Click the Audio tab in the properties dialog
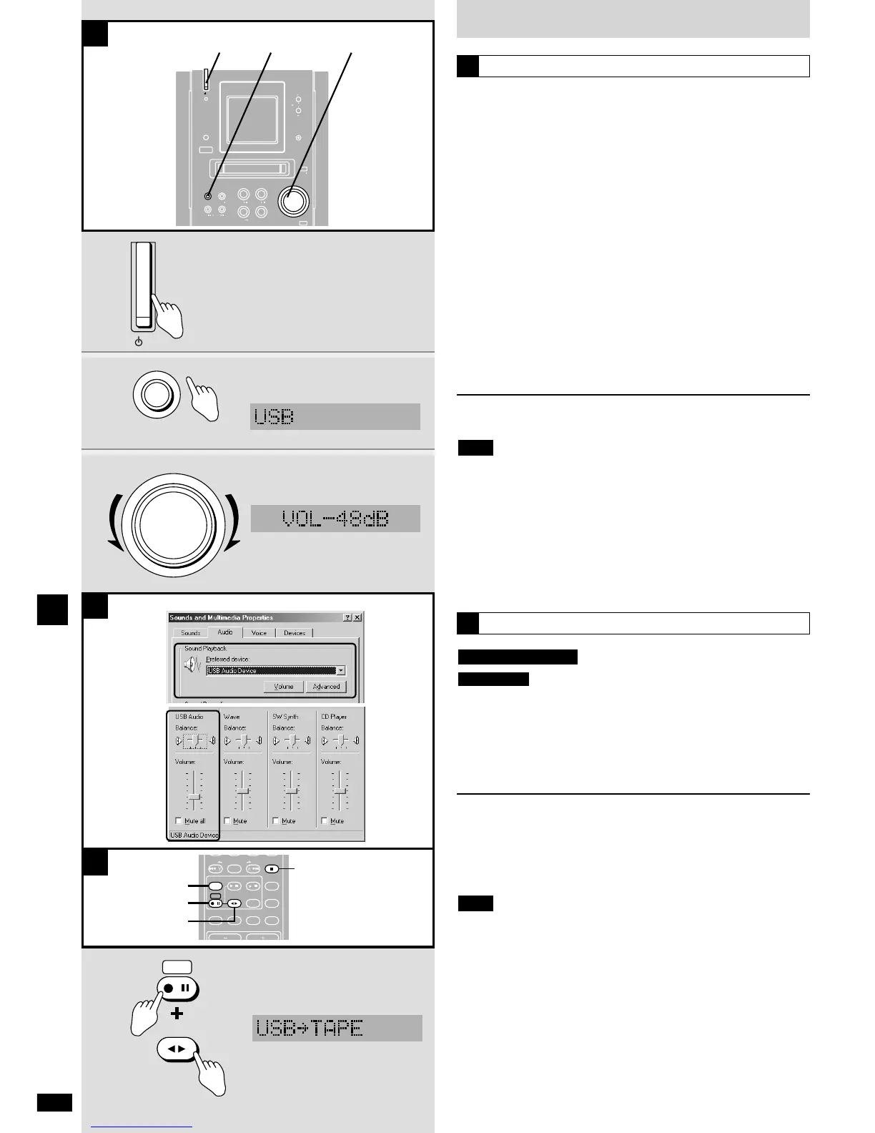click(x=225, y=632)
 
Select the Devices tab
click(x=295, y=633)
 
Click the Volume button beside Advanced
click(x=284, y=687)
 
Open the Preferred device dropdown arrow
click(x=340, y=671)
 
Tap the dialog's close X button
click(x=357, y=617)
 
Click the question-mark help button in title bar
click(x=347, y=617)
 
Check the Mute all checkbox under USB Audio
click(x=179, y=820)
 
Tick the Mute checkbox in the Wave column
click(x=227, y=820)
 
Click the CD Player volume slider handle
click(x=340, y=791)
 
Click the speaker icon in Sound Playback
click(x=192, y=665)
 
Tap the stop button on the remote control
click(x=272, y=869)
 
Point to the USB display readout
click(x=335, y=416)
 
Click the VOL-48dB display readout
click(x=335, y=518)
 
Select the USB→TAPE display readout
click(x=337, y=1028)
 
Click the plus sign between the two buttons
click(x=177, y=1013)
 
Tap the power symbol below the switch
click(x=139, y=342)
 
